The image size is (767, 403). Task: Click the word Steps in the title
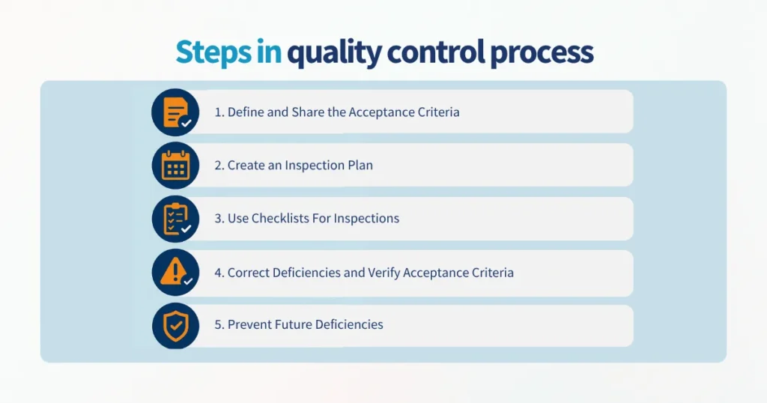[x=204, y=52]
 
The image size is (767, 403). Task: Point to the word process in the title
[x=542, y=53]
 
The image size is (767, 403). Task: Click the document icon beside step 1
[x=175, y=112]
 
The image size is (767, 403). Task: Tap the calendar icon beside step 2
[x=175, y=166]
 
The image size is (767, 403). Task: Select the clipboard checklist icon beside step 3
[x=175, y=219]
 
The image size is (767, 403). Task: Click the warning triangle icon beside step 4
[x=175, y=272]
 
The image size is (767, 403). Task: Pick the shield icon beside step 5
[x=175, y=326]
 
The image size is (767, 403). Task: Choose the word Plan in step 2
[x=360, y=166]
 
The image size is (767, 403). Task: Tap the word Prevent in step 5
[x=251, y=325]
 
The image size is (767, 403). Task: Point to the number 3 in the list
[x=218, y=219]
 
